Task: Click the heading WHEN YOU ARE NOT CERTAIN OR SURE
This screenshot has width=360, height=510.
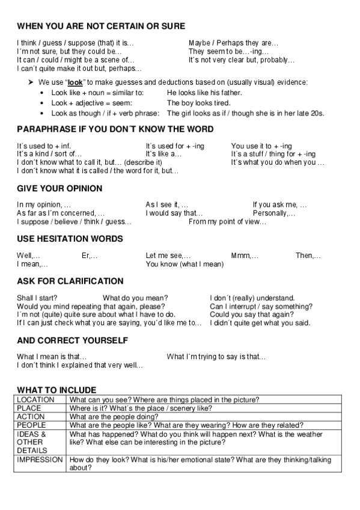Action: point(101,26)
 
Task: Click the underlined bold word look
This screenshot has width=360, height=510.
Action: point(75,82)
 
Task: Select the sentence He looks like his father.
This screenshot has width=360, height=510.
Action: point(204,93)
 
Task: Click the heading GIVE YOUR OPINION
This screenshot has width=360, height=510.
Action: point(59,188)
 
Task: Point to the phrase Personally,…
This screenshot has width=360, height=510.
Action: point(274,213)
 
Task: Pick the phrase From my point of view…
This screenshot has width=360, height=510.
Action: point(227,222)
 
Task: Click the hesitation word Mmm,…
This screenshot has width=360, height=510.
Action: point(245,255)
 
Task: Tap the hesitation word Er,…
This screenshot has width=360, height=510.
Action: point(90,255)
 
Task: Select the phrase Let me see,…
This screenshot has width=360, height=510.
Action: point(168,255)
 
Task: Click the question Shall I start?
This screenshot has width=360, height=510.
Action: point(36,297)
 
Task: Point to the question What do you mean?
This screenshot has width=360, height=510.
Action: point(135,297)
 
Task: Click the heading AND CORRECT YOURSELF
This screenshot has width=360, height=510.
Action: point(72,340)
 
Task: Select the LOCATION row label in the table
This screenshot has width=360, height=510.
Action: point(35,399)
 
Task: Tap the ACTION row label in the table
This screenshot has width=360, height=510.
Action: point(31,416)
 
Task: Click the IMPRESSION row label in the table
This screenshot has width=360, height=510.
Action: point(40,459)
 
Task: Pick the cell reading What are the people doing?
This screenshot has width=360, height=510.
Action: point(115,416)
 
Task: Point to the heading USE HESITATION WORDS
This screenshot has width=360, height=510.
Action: point(70,239)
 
